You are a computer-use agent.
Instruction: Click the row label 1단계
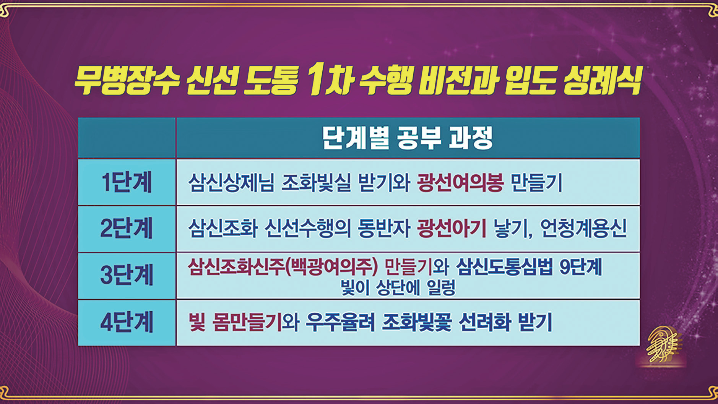[127, 182]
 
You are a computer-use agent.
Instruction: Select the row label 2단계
[127, 228]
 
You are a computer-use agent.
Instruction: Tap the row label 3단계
[127, 275]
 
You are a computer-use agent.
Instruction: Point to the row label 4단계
[127, 322]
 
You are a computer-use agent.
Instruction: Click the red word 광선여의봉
[460, 183]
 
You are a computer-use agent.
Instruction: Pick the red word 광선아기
[452, 229]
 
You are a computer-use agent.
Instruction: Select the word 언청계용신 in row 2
[583, 229]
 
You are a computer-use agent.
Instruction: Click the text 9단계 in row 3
[581, 267]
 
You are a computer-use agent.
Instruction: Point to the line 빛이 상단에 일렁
[398, 288]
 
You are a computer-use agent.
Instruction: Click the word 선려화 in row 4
[485, 322]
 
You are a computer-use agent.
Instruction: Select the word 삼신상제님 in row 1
[231, 183]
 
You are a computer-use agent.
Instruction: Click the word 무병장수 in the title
[127, 81]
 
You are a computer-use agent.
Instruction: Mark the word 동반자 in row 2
[383, 229]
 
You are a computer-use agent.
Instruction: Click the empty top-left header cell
[127, 138]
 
